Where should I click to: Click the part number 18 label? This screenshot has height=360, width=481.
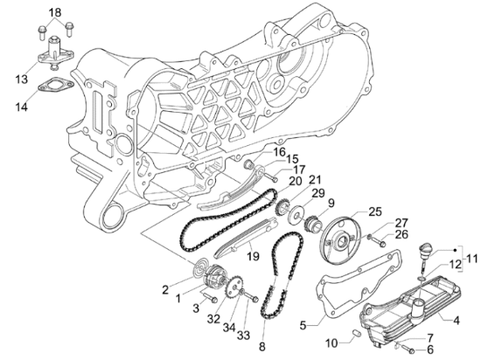pyautogui.click(x=55, y=12)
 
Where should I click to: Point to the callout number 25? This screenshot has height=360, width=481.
pyautogui.click(x=375, y=211)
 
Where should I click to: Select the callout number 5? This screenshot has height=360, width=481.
pyautogui.click(x=303, y=325)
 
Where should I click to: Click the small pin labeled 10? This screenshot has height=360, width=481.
pyautogui.click(x=356, y=333)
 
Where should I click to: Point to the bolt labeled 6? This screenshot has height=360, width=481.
pyautogui.click(x=408, y=349)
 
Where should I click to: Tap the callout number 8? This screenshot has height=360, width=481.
pyautogui.click(x=262, y=347)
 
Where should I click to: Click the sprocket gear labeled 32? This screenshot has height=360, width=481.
pyautogui.click(x=234, y=287)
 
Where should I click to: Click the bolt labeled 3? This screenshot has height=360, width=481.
pyautogui.click(x=210, y=297)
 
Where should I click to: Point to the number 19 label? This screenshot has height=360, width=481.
pyautogui.click(x=253, y=256)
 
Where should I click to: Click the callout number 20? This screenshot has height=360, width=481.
pyautogui.click(x=296, y=181)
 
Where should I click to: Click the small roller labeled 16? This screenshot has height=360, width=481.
pyautogui.click(x=248, y=165)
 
